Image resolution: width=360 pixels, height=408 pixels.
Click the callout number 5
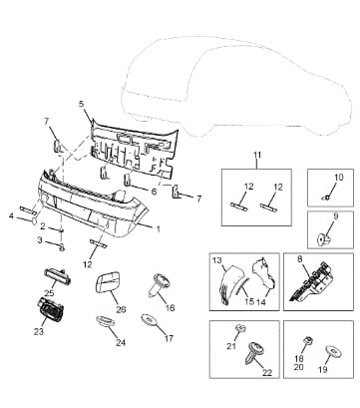(x=82, y=104)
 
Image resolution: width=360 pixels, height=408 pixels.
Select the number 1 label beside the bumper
(x=159, y=228)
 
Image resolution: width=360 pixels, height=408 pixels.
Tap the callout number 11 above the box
(x=257, y=155)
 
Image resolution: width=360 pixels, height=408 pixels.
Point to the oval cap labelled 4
(x=34, y=220)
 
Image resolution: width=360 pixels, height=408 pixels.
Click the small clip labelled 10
(x=326, y=198)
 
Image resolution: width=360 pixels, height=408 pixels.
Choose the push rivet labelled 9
(x=323, y=238)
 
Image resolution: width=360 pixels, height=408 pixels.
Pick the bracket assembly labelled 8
(x=311, y=281)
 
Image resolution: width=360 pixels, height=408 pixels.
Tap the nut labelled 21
(x=240, y=328)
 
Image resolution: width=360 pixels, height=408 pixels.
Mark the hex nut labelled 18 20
(x=307, y=341)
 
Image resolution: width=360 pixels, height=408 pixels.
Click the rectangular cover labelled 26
(x=107, y=282)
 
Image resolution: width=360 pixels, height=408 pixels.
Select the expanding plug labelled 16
(x=160, y=284)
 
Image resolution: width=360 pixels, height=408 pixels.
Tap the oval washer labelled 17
(x=148, y=319)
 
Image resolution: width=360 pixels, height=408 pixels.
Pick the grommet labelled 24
(x=106, y=321)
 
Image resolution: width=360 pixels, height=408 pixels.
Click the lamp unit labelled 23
(x=50, y=309)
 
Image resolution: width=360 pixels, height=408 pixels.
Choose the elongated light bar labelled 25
(x=58, y=277)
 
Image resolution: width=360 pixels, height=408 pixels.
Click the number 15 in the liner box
(x=249, y=301)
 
